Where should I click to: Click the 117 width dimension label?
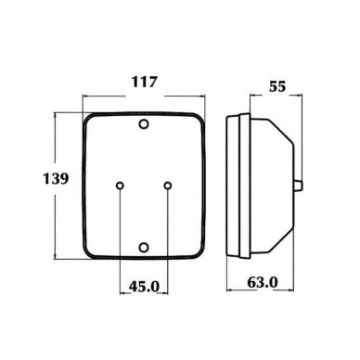[145, 82]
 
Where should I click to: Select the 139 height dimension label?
[56, 178]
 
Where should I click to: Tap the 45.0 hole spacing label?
[144, 287]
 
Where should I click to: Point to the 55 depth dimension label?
[277, 86]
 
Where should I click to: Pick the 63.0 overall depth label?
[263, 282]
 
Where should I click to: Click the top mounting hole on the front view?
[144, 124]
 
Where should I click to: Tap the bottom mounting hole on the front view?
[144, 248]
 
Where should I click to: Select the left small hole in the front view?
[120, 186]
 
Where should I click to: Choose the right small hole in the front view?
[168, 186]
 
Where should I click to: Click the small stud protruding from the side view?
[298, 186]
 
